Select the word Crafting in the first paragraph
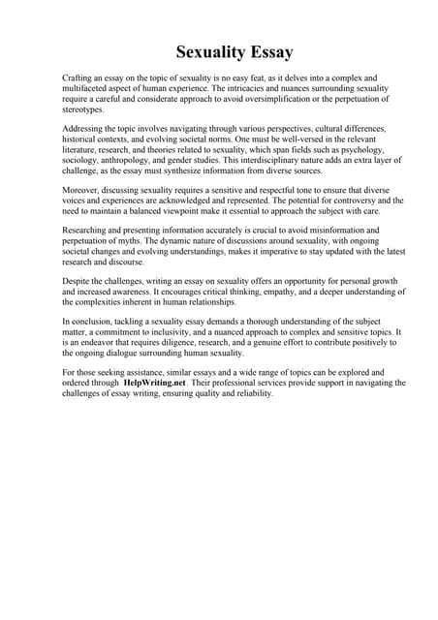(79, 77)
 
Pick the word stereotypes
(85, 109)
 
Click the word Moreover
(83, 190)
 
